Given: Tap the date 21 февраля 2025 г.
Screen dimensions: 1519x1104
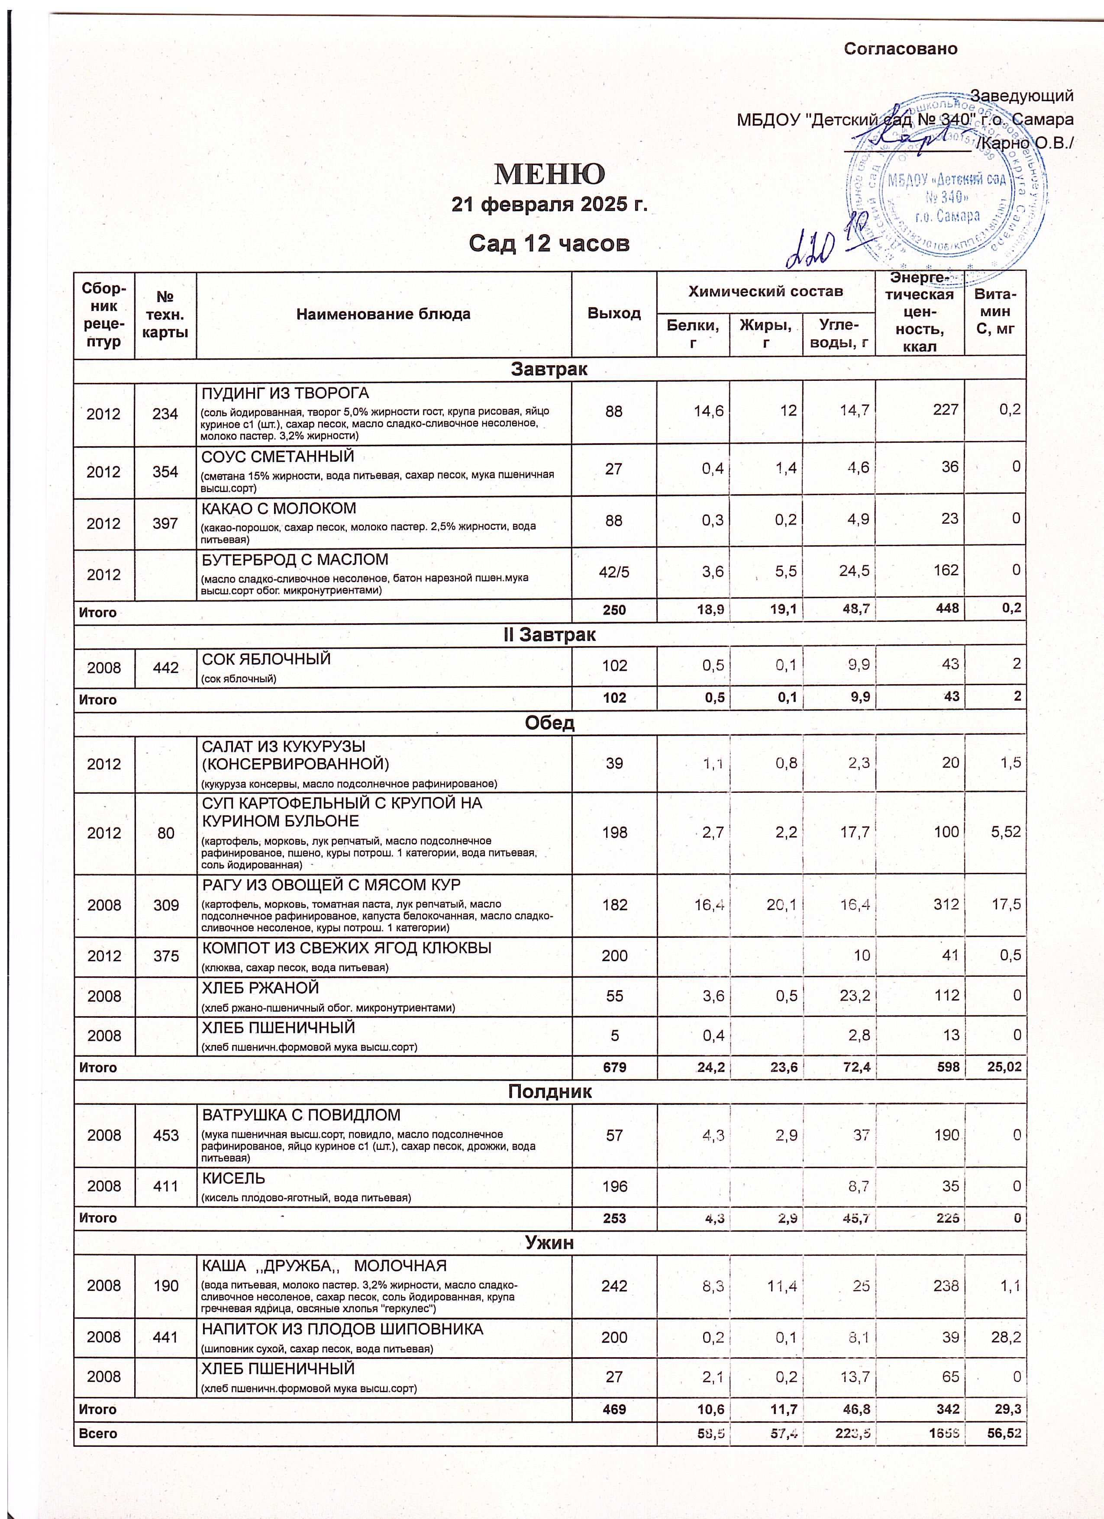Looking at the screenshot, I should (x=550, y=204).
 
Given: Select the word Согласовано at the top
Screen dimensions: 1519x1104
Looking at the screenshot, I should (x=901, y=49).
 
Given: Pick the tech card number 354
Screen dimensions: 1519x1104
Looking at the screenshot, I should (x=165, y=472).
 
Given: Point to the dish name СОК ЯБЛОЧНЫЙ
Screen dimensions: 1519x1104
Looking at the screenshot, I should (x=267, y=659).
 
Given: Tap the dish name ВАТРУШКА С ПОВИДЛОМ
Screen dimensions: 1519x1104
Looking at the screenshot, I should (x=301, y=1115).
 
